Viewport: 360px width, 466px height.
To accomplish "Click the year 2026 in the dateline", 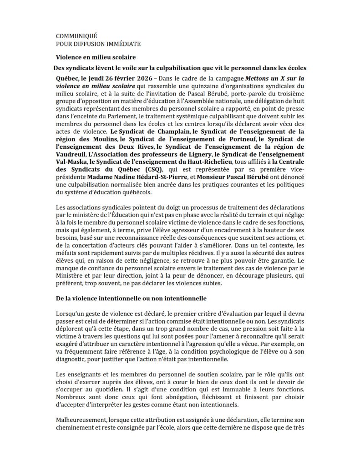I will (x=132, y=78).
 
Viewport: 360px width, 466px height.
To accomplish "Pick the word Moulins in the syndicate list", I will (x=104, y=139).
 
